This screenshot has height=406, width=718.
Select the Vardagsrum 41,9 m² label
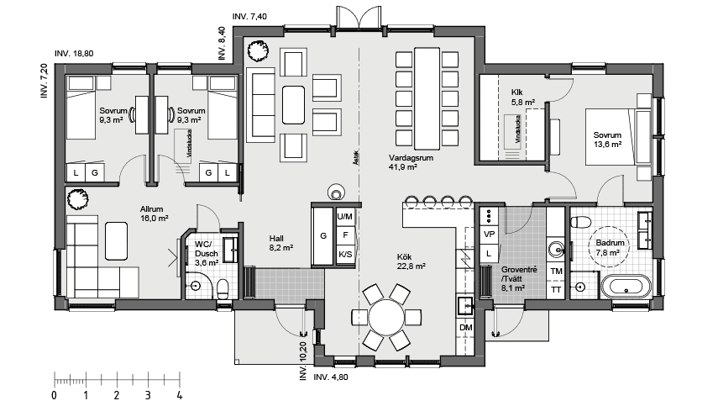403,162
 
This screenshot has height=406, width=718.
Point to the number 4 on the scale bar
179,394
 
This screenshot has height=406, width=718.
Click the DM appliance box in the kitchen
466,326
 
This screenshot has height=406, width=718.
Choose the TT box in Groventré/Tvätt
555,289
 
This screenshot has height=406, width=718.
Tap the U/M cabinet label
344,216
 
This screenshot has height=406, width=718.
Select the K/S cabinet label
344,255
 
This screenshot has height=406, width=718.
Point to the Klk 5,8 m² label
516,97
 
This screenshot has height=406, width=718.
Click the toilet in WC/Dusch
223,288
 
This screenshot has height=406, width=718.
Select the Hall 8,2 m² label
280,243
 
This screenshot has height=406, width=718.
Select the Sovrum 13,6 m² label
606,140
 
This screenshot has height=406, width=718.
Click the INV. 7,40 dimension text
249,16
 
